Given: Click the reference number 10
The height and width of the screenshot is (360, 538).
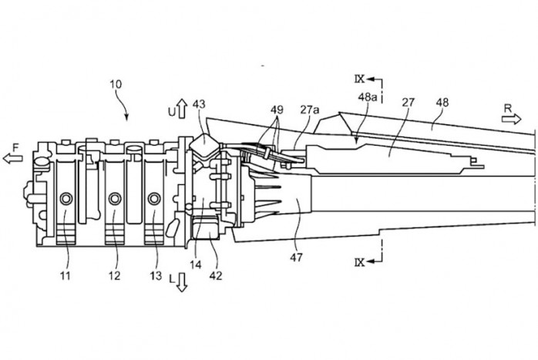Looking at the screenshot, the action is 116,84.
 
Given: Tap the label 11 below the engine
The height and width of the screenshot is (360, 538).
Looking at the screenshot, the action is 66,275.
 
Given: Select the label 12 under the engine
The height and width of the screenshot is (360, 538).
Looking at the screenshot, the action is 115,275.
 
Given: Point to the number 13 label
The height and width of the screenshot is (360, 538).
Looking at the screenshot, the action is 156,275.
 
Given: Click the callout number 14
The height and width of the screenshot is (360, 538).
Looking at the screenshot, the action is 196,264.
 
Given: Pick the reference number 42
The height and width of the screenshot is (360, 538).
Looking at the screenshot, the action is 216,275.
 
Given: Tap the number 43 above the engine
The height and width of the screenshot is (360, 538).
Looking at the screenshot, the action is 199,103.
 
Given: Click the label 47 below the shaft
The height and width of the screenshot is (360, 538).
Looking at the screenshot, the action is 296,257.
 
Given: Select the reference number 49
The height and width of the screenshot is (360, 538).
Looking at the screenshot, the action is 277,109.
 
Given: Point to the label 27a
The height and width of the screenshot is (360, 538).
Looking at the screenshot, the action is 310,109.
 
